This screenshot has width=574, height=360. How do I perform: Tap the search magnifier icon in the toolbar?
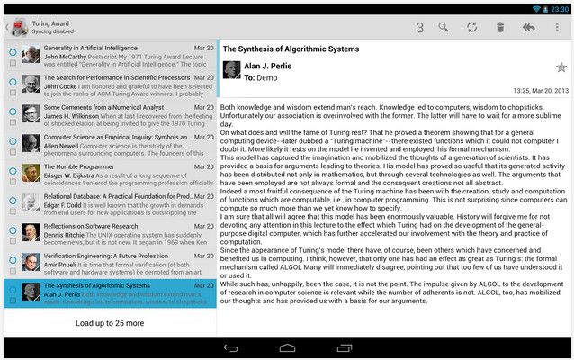[444, 27]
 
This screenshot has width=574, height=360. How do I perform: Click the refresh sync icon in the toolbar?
[471, 27]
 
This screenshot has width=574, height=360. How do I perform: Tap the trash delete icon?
[500, 27]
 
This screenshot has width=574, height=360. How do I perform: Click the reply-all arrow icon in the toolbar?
[529, 27]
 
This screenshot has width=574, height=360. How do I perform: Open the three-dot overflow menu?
[557, 27]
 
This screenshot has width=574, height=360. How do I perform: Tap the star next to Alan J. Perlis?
[561, 67]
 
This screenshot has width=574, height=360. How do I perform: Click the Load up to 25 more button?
[109, 322]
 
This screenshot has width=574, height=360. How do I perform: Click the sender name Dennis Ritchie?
[67, 235]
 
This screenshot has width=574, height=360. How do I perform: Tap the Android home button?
[287, 348]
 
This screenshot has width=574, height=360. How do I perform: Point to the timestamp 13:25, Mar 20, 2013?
[541, 91]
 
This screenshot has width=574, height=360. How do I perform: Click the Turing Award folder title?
[51, 22]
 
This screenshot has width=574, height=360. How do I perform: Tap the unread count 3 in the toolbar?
[419, 27]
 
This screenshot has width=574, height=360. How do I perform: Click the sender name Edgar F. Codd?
[66, 205]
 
